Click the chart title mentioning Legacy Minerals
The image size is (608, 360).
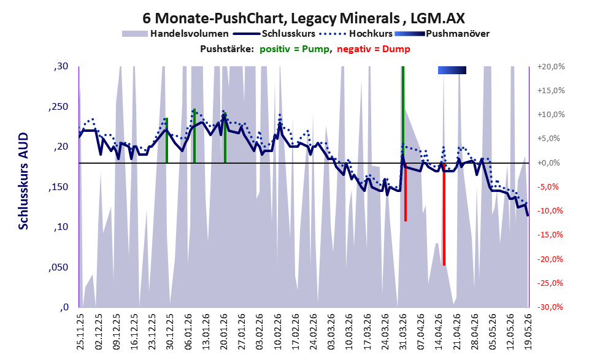pyautogui.click(x=304, y=18)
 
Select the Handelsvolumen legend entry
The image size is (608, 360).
pyautogui.click(x=175, y=34)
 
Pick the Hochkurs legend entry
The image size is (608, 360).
pyautogui.click(x=356, y=34)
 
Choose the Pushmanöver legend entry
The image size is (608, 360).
pyautogui.click(x=442, y=34)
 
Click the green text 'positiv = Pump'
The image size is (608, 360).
pyautogui.click(x=294, y=49)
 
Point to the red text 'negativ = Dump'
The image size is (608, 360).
pyautogui.click(x=374, y=49)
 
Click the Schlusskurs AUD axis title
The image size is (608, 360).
pyautogui.click(x=24, y=181)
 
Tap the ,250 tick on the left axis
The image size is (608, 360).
pyautogui.click(x=58, y=107)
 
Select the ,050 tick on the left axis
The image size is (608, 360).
pyautogui.click(x=58, y=267)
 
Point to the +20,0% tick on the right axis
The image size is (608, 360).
pyautogui.click(x=550, y=67)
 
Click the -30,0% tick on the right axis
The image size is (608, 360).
pyautogui.click(x=550, y=307)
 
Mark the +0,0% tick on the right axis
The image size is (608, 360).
pyautogui.click(x=548, y=163)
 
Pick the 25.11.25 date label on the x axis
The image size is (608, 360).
pyautogui.click(x=80, y=331)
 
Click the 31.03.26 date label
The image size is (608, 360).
pyautogui.click(x=403, y=331)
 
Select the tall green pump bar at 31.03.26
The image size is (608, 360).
pyautogui.click(x=403, y=115)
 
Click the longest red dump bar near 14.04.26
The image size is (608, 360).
pyautogui.click(x=444, y=214)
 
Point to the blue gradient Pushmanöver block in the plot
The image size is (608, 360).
pyautogui.click(x=452, y=70)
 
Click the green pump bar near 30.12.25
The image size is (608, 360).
pyautogui.click(x=167, y=140)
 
